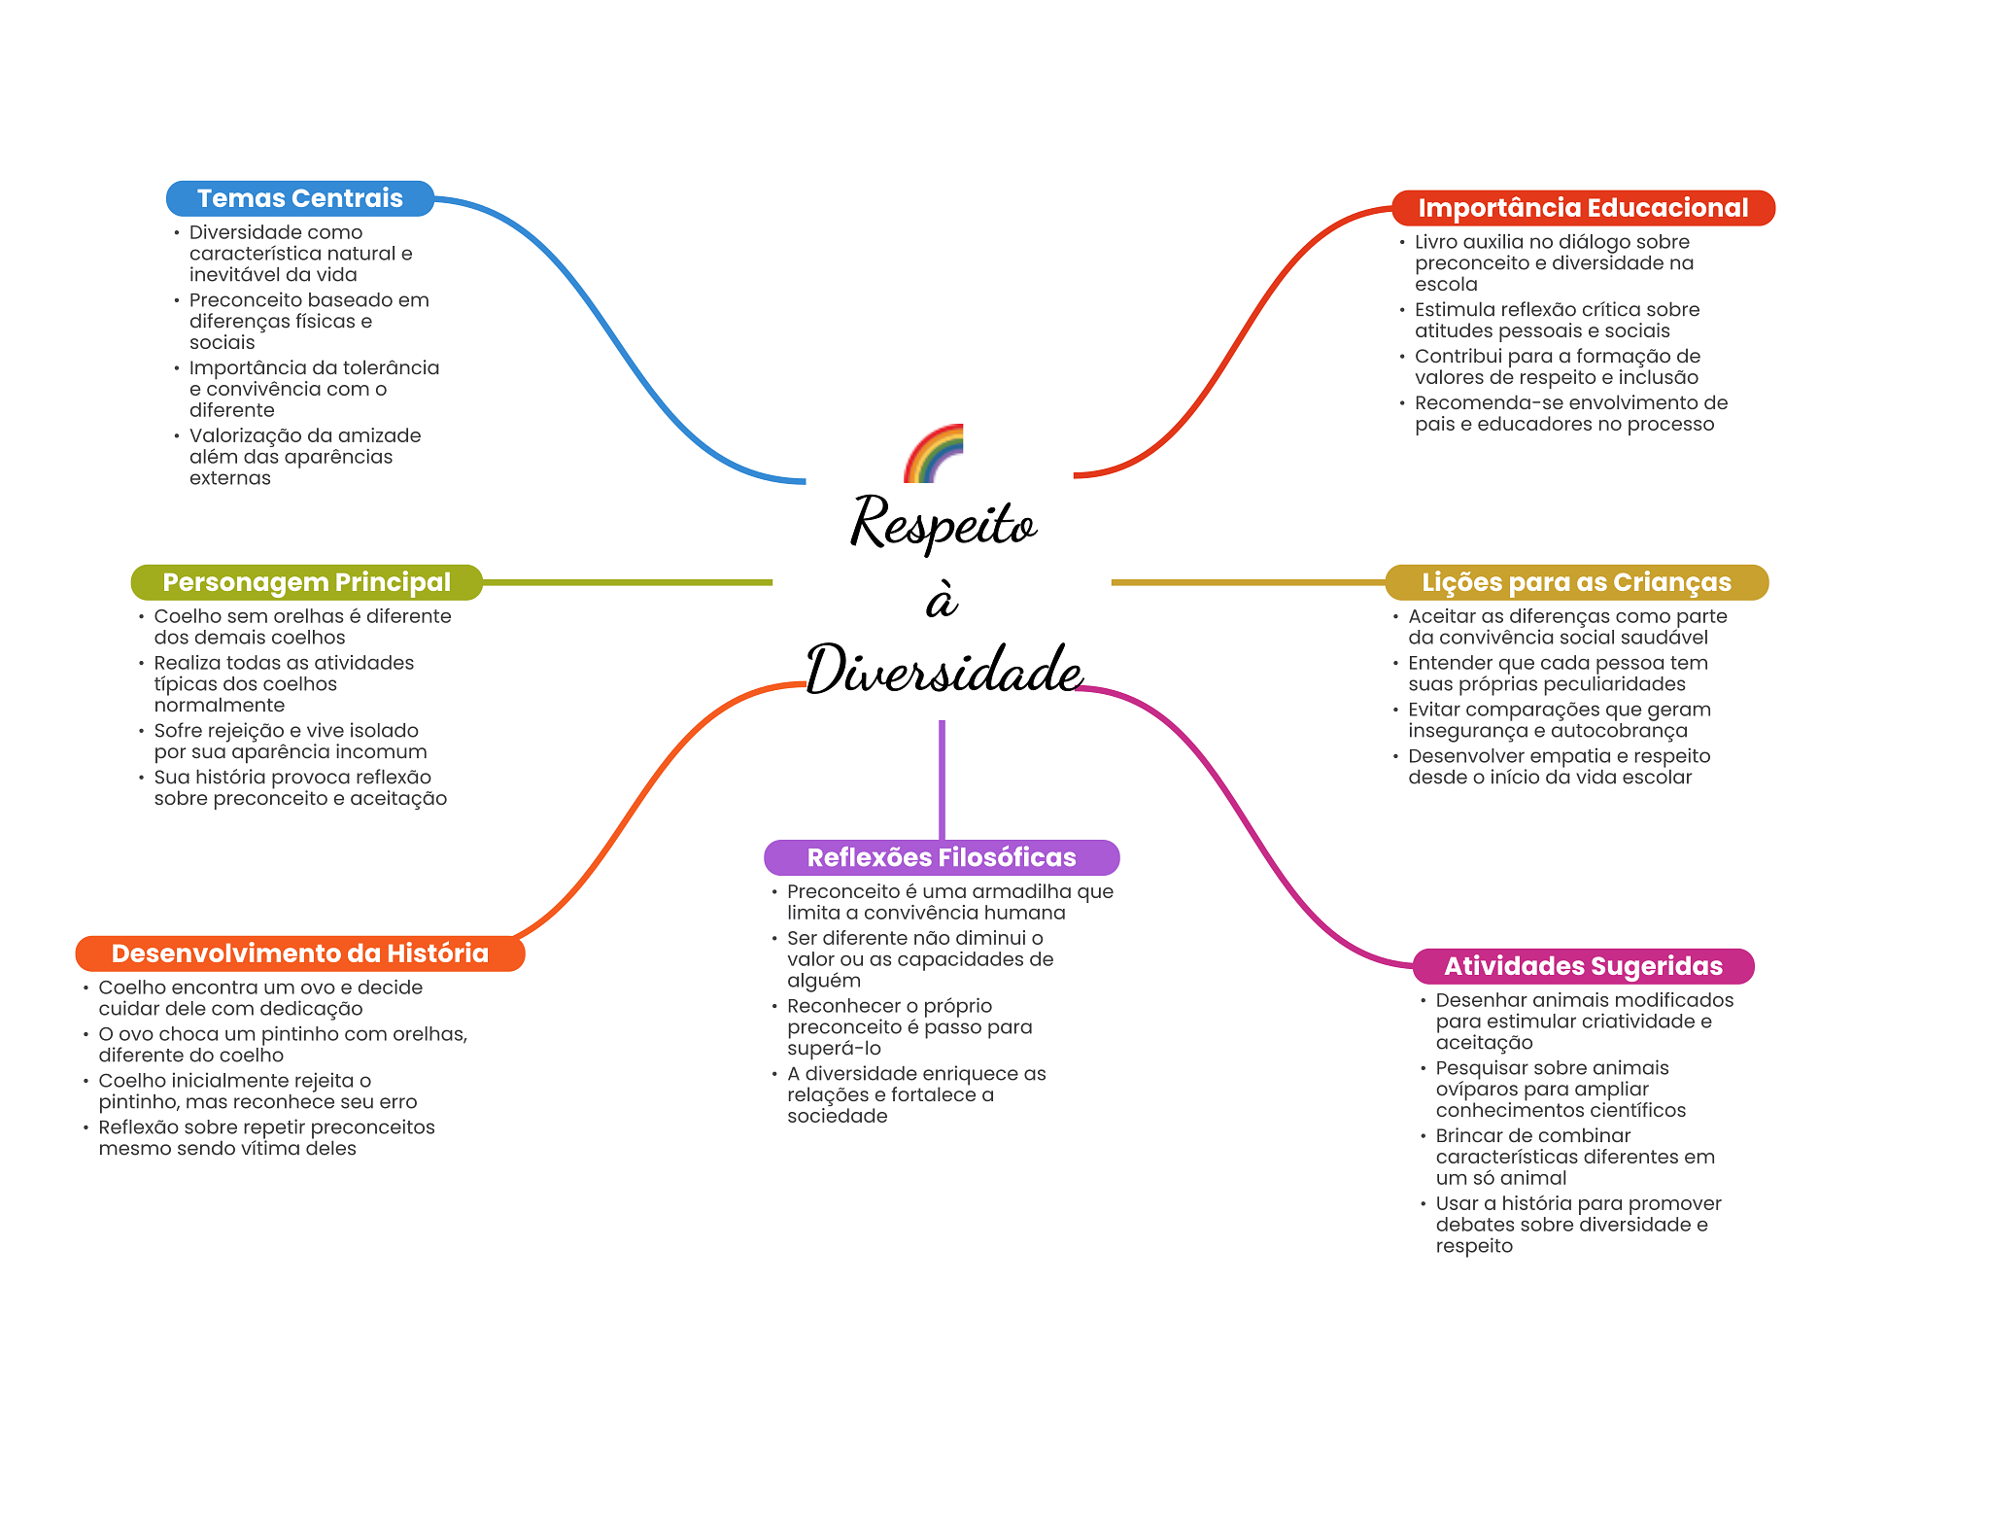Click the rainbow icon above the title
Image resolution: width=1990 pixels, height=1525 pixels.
[x=934, y=454]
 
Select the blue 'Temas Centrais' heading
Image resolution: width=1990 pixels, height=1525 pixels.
[x=299, y=198]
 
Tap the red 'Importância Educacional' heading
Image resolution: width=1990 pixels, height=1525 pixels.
[x=1582, y=208]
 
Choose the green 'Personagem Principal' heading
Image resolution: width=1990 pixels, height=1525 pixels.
[x=306, y=582]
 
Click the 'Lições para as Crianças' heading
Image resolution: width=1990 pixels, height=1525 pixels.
[x=1575, y=582]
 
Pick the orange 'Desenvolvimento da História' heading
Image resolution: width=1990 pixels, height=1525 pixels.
[x=299, y=953]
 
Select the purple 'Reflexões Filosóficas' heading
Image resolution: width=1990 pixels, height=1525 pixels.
[x=941, y=857]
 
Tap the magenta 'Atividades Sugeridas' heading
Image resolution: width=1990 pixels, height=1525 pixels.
[x=1582, y=966]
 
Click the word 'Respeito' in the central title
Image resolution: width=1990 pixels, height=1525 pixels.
[x=944, y=523]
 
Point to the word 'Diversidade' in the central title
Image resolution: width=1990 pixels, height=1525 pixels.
[x=944, y=671]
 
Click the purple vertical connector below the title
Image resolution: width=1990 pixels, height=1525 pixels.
[x=942, y=778]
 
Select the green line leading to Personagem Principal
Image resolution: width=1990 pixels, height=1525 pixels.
[x=627, y=582]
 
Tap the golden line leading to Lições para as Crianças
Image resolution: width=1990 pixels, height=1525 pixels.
[x=1248, y=582]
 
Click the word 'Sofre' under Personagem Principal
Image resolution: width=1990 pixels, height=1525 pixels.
[x=179, y=731]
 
